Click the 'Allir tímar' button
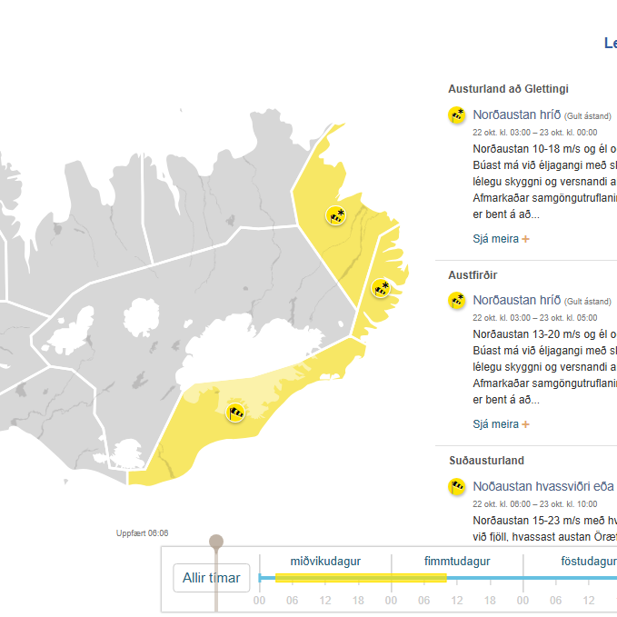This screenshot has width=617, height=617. pyautogui.click(x=212, y=578)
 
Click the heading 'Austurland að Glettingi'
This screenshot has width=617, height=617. pyautogui.click(x=508, y=89)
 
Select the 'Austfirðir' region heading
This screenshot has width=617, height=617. pyautogui.click(x=473, y=274)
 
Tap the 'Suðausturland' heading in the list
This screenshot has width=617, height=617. pyautogui.click(x=486, y=461)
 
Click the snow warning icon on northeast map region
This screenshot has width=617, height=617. pyautogui.click(x=336, y=215)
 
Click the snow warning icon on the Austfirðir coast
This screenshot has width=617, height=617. pyautogui.click(x=382, y=289)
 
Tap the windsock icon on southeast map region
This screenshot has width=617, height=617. pyautogui.click(x=236, y=413)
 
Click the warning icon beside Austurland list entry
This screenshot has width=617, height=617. pyautogui.click(x=457, y=115)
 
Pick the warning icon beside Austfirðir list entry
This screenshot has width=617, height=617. pyautogui.click(x=457, y=301)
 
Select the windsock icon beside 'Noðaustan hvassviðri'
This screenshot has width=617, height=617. pyautogui.click(x=457, y=487)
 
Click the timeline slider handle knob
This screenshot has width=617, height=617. pyautogui.click(x=216, y=542)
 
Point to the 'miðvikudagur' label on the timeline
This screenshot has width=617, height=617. pyautogui.click(x=325, y=562)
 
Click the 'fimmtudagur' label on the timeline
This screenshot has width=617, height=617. pyautogui.click(x=457, y=562)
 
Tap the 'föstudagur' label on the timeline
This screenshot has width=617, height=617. pyautogui.click(x=588, y=562)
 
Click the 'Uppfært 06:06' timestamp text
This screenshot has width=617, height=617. pyautogui.click(x=143, y=533)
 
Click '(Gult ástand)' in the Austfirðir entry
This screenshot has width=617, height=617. pyautogui.click(x=588, y=302)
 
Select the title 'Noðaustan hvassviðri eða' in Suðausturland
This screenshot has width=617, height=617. pyautogui.click(x=543, y=486)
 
